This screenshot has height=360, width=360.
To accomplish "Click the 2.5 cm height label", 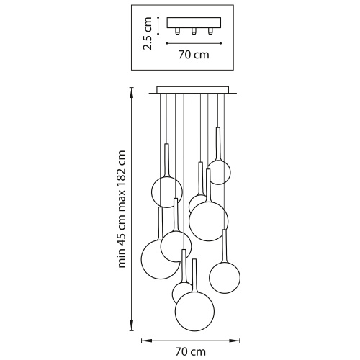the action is tap(148, 33).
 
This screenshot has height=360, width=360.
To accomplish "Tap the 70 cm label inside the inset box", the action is tap(194, 55).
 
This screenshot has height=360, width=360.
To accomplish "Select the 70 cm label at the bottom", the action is tap(191, 352).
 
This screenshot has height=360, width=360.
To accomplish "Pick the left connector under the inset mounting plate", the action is tap(177, 31).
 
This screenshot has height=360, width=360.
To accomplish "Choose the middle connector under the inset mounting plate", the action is tap(194, 31).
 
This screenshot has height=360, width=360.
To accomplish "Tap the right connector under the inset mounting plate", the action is tap(210, 31).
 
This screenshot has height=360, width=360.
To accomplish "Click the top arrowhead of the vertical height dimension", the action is tap(132, 92).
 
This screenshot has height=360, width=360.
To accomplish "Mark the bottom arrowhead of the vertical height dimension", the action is tap(132, 326).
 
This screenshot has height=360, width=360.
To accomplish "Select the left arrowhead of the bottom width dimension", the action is tap(146, 341).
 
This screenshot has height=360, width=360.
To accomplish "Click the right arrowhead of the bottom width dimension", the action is tap(235, 341).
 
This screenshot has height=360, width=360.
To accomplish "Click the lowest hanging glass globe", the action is tap(194, 312).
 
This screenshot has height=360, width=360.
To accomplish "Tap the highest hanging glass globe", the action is tap(219, 173).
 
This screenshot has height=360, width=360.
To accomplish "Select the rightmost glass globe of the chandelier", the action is tap(225, 278).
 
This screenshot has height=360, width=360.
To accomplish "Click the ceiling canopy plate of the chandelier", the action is tap(193, 90).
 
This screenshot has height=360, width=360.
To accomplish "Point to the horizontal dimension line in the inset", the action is tap(194, 43).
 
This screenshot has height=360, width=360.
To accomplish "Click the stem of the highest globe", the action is tap(218, 143).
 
